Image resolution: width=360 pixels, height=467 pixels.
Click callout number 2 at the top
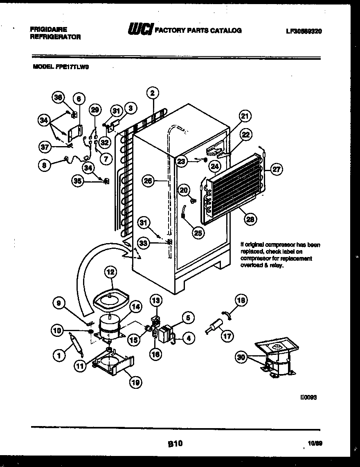point(152,93)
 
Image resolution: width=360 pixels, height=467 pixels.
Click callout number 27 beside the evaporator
point(277,169)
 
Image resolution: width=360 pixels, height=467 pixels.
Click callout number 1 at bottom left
point(60,356)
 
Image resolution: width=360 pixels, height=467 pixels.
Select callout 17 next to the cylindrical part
point(228,336)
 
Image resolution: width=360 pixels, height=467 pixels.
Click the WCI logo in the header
point(140,30)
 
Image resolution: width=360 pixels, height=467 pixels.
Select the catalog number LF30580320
point(304,31)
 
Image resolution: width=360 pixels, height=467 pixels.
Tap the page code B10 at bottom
point(175,443)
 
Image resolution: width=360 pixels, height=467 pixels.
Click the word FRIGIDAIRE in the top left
point(49,29)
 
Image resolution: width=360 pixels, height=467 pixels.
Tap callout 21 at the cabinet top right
point(244,117)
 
